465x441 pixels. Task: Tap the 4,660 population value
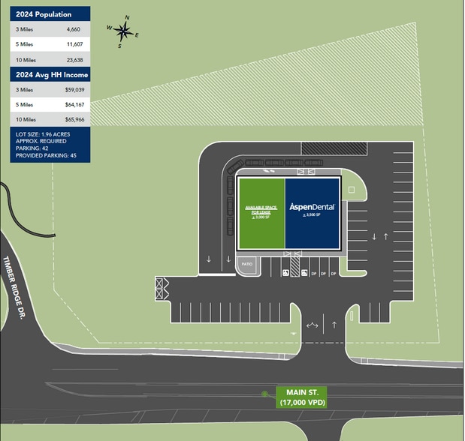click(x=73, y=29)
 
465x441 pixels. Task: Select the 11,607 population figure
click(x=73, y=44)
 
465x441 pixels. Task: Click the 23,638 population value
click(x=73, y=60)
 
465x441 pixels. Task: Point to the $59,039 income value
click(x=74, y=89)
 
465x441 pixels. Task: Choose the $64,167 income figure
click(x=74, y=104)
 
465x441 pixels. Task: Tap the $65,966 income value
click(x=74, y=119)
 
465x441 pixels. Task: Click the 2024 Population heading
click(x=44, y=14)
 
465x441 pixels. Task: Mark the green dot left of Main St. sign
click(x=264, y=393)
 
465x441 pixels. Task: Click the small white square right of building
click(x=352, y=190)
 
